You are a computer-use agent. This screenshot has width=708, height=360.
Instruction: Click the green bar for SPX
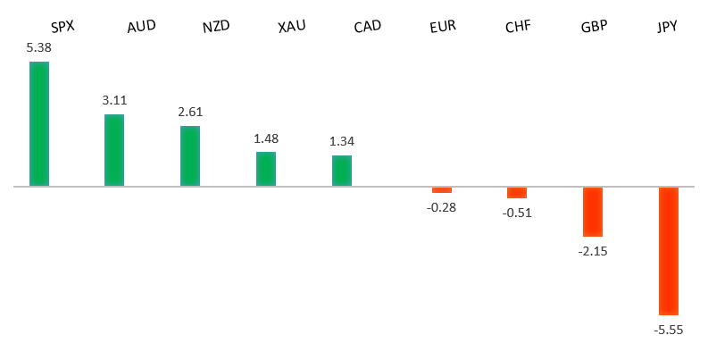(x=39, y=124)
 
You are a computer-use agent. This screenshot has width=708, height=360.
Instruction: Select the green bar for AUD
(x=114, y=150)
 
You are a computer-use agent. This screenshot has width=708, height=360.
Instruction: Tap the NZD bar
(x=190, y=156)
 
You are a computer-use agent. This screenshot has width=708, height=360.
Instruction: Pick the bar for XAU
(x=266, y=169)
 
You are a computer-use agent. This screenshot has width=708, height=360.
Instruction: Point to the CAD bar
(x=342, y=171)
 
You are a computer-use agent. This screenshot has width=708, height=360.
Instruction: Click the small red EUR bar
(x=442, y=190)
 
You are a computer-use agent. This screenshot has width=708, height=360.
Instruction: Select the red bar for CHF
(x=517, y=193)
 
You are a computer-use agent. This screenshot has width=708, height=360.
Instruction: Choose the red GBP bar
(x=593, y=212)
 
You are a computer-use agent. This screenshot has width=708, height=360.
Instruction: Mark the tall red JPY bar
(x=669, y=251)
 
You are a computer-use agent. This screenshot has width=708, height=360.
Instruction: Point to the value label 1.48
(x=266, y=138)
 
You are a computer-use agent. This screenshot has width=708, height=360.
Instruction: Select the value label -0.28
(x=442, y=207)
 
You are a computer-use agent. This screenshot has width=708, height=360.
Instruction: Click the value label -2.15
(x=593, y=251)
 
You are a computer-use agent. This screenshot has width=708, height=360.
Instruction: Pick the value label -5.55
(x=669, y=330)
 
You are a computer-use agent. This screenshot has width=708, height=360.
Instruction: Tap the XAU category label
(x=291, y=26)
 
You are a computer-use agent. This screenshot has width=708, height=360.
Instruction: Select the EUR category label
(x=443, y=26)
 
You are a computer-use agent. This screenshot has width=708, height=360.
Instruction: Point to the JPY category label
(x=667, y=26)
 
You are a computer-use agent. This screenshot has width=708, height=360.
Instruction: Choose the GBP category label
(x=594, y=26)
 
